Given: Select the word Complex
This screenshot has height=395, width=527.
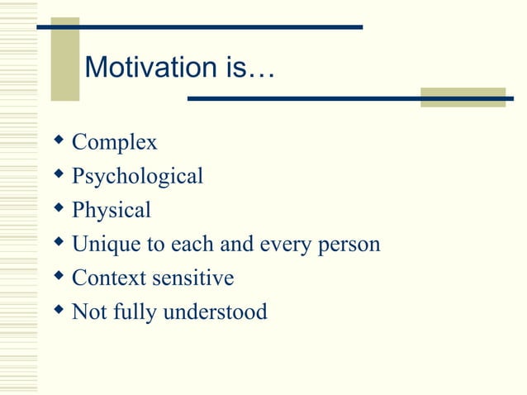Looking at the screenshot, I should click(114, 143).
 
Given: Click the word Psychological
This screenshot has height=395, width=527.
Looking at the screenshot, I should click(137, 177).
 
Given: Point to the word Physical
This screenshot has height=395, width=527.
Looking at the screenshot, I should click(112, 211).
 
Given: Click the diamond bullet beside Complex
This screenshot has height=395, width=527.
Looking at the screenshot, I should click(59, 141).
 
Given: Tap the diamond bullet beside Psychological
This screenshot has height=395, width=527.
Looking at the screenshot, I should click(59, 175).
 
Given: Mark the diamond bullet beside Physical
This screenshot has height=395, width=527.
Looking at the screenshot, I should click(59, 209).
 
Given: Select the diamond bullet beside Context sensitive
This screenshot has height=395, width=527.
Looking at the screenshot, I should click(59, 277).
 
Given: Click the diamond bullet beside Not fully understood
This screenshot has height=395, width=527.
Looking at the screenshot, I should click(59, 311).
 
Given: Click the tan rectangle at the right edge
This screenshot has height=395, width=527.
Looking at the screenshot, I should click(463, 98).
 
